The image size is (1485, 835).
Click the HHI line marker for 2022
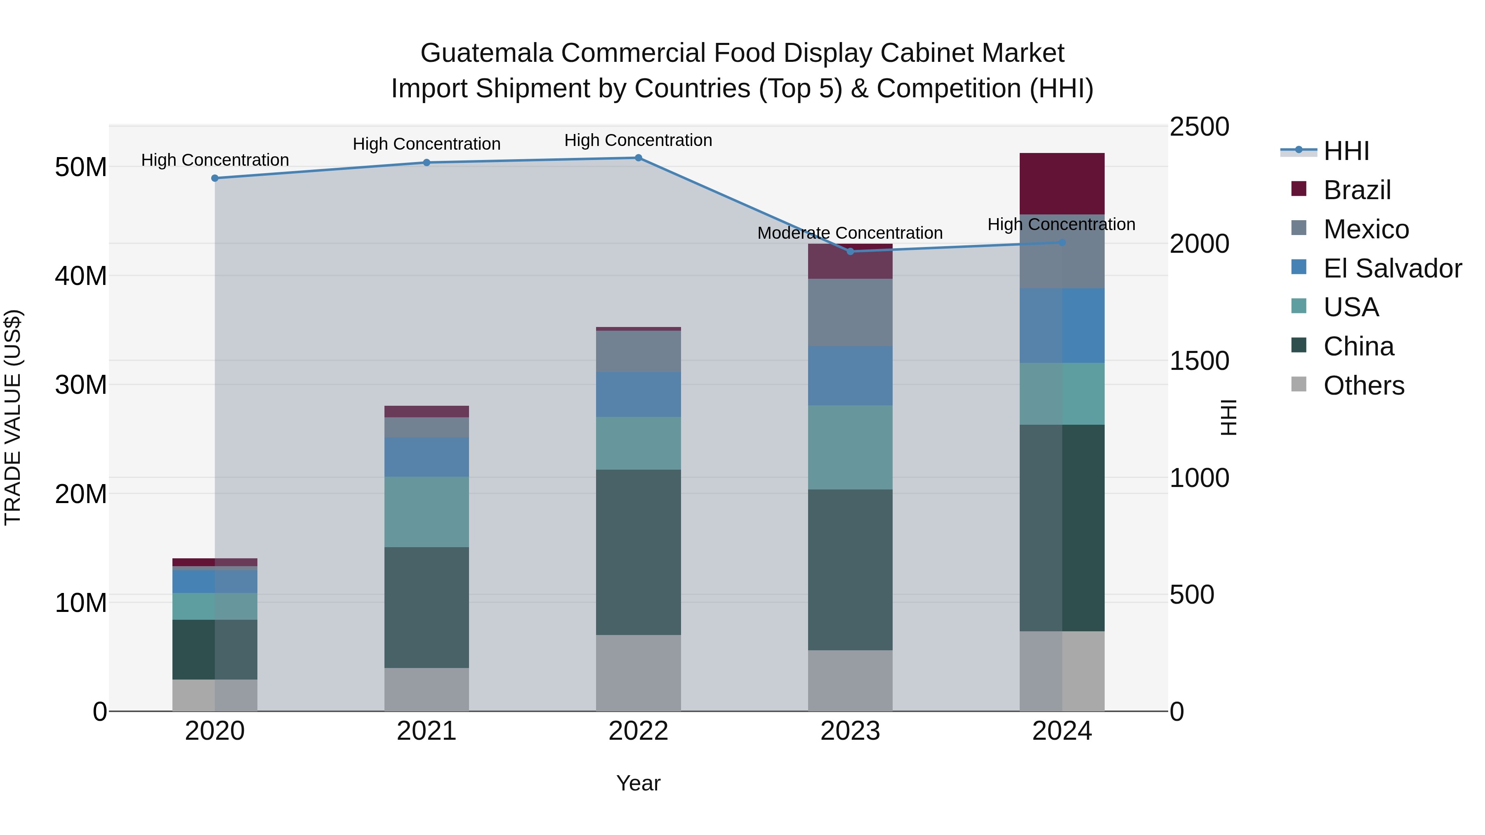click(638, 158)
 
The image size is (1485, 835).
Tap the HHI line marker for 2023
click(850, 251)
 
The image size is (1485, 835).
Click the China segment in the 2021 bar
click(427, 607)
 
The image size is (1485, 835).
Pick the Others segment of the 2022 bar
click(638, 673)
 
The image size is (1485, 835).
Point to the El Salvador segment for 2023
click(850, 376)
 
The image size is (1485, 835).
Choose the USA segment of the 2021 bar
click(427, 512)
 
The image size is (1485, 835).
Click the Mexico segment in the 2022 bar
click(638, 351)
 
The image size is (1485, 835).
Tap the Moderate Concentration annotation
click(850, 233)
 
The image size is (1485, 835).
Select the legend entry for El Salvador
click(1392, 268)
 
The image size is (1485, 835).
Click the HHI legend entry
click(1346, 151)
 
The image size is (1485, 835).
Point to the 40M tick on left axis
click(81, 276)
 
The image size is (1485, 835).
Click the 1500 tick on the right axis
click(1199, 361)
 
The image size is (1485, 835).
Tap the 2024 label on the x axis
click(1062, 731)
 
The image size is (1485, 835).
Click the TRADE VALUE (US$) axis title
click(13, 417)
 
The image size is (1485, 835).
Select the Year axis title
click(638, 783)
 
